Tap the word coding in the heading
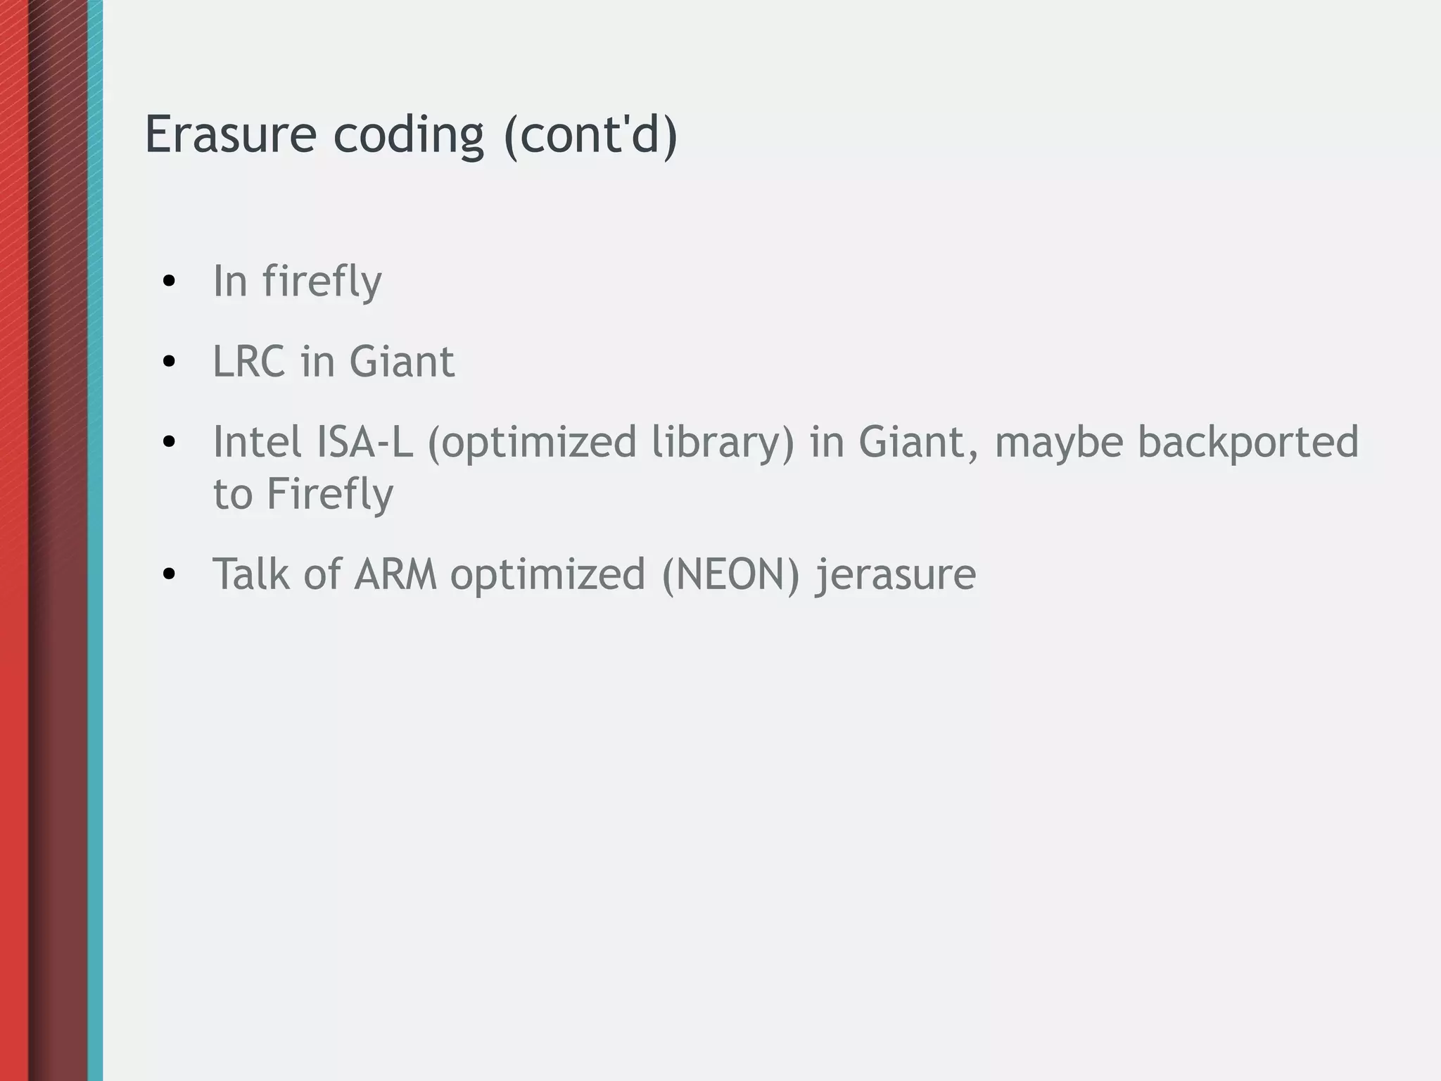(409, 135)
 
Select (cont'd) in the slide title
(590, 135)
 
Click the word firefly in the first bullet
(322, 282)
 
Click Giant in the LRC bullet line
(402, 362)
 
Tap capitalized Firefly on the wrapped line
(329, 494)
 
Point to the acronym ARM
(395, 574)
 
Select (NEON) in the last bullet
(731, 575)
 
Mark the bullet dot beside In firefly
(168, 282)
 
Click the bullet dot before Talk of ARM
(168, 575)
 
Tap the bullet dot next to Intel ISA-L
(168, 443)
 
